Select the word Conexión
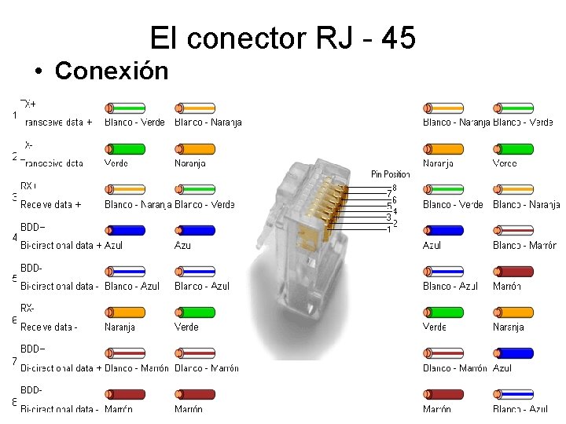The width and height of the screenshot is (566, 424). point(111,71)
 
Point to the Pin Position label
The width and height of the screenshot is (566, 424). point(391,174)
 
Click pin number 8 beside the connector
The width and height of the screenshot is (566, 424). point(394,187)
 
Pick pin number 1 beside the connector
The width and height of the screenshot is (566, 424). point(388,229)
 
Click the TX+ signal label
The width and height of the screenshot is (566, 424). point(28,104)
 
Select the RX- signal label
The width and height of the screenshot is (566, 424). point(28,308)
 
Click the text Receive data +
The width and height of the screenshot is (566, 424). point(51,204)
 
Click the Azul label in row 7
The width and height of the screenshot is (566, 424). point(502,367)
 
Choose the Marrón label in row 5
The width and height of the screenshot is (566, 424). point(507,286)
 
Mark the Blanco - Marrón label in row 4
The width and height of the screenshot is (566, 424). point(524,245)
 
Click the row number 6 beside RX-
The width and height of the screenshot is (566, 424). point(15,320)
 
